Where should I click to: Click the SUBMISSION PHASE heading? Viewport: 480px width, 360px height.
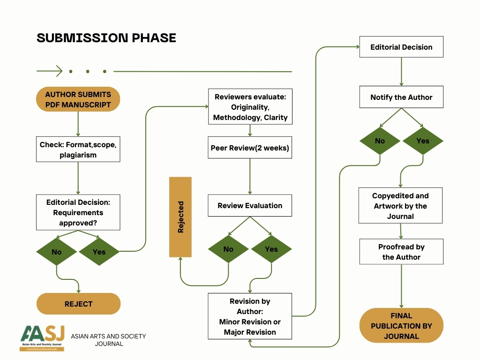coord(106,38)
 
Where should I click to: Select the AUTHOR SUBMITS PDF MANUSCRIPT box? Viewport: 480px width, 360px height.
coord(78,99)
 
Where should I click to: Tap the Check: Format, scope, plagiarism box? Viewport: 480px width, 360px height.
coord(78,150)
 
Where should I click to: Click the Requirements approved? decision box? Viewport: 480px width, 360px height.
coord(78,212)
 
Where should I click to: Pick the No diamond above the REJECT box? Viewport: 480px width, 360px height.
coord(57,252)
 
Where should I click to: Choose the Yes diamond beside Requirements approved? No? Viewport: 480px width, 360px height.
coord(99,252)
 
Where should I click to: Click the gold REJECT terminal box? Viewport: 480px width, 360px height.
coord(78,304)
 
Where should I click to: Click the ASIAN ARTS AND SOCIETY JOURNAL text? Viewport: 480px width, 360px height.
coord(108,340)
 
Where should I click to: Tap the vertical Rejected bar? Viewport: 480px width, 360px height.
coord(180,217)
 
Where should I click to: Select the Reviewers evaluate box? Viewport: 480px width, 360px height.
coord(250,107)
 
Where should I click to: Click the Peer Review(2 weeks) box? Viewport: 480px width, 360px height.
coord(250,148)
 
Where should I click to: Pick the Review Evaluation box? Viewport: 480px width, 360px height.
coord(250,205)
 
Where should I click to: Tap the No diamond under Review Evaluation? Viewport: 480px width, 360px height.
coord(228,249)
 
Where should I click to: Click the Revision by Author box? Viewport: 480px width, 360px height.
coord(250,316)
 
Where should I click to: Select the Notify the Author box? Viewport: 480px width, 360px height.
coord(401,97)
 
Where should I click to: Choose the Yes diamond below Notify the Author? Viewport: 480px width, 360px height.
coord(423,141)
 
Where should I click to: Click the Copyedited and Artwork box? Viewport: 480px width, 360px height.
coord(400,206)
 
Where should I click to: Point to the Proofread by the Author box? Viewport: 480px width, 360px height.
coord(401,252)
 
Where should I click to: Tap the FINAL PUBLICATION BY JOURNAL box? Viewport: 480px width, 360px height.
coord(401,326)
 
